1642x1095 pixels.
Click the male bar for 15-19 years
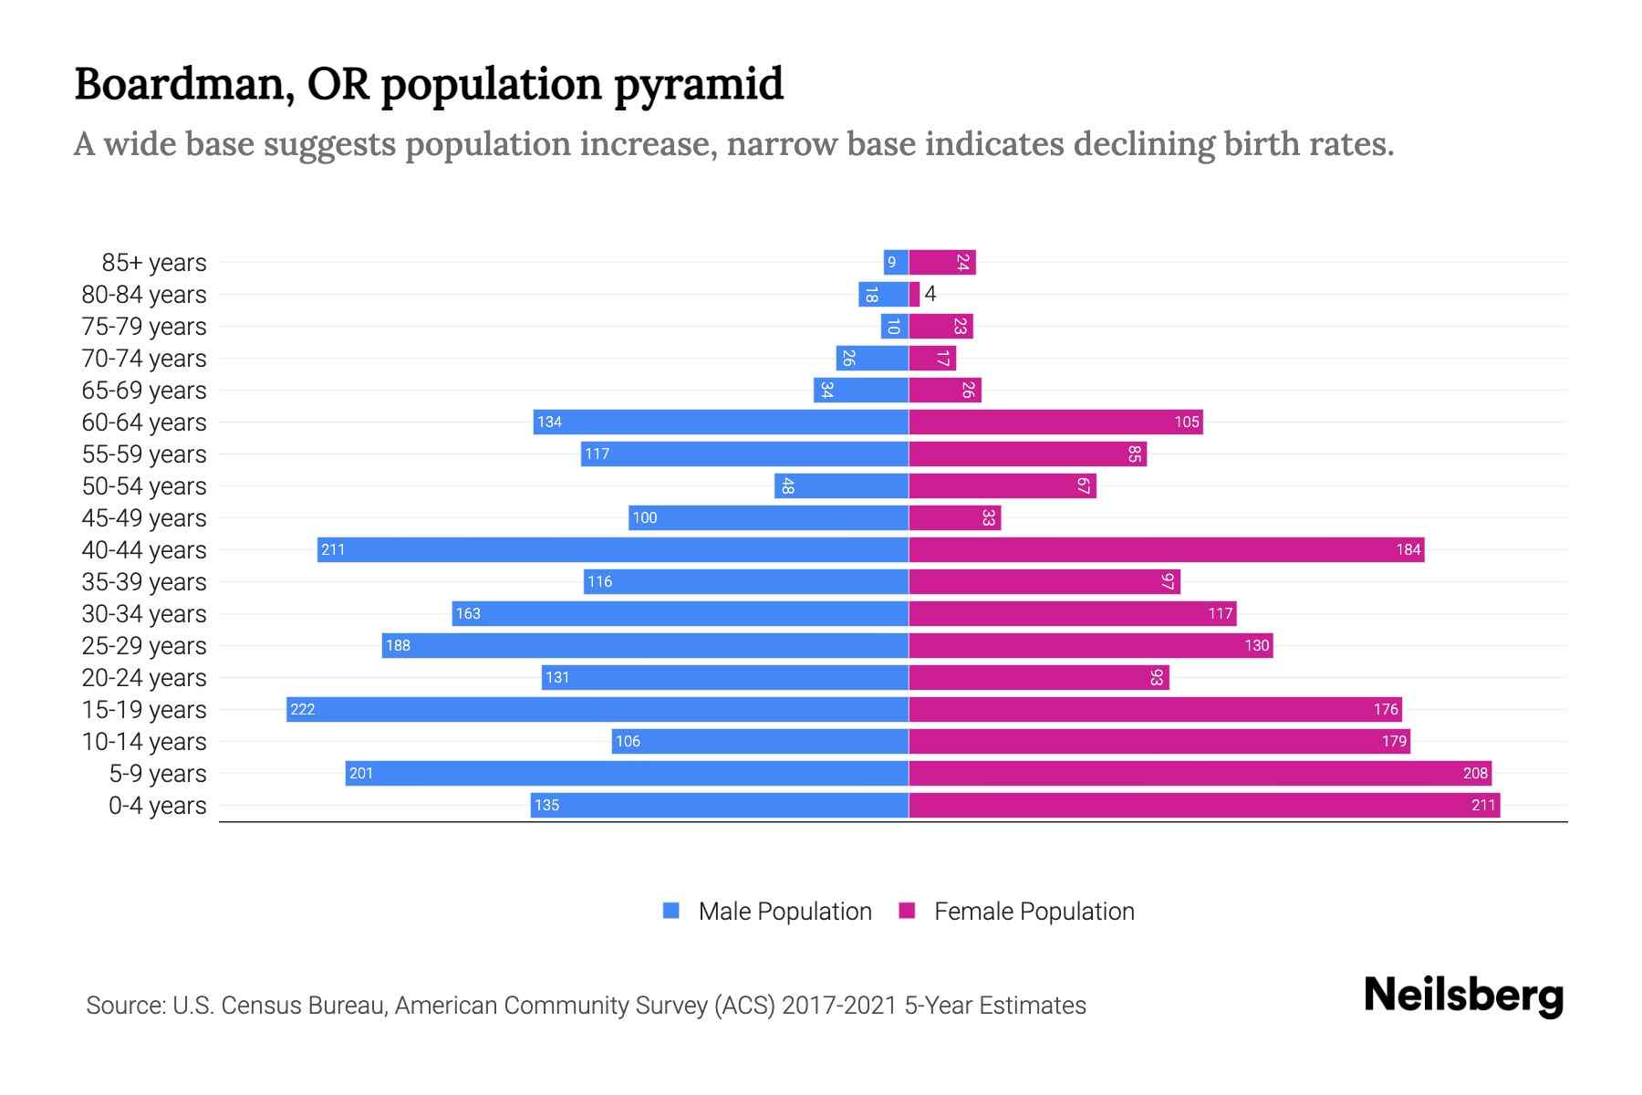click(x=598, y=709)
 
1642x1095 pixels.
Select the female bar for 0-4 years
click(x=1204, y=805)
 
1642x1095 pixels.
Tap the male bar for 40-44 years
click(x=613, y=549)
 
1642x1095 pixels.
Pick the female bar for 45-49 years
click(x=954, y=517)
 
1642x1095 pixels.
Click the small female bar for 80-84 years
click(x=914, y=294)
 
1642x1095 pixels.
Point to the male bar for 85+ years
click(x=896, y=262)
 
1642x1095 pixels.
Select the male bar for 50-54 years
click(x=841, y=485)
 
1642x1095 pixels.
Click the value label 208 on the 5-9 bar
click(x=1475, y=773)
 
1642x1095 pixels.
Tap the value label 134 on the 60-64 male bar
click(x=549, y=422)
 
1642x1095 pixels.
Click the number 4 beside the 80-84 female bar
click(x=930, y=294)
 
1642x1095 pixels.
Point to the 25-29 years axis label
click(x=144, y=645)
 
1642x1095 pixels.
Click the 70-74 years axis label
click(x=144, y=358)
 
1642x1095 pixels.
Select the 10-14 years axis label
click(x=144, y=741)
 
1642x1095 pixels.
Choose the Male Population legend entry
click(x=784, y=911)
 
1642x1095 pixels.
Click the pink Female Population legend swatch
click(x=907, y=911)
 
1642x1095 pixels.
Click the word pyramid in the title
click(x=698, y=84)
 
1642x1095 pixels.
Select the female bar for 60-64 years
click(x=1055, y=422)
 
